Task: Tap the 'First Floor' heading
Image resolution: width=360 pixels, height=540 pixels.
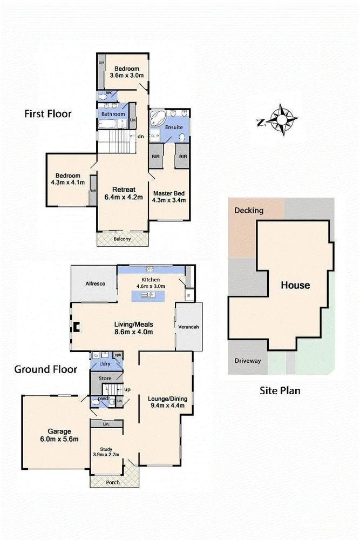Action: [x=48, y=114]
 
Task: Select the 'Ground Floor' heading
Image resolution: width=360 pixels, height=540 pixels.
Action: [x=45, y=369]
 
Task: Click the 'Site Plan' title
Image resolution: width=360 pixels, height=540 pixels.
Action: [x=280, y=390]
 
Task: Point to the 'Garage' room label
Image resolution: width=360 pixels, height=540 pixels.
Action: [x=59, y=431]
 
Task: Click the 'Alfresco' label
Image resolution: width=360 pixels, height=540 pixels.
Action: [x=95, y=283]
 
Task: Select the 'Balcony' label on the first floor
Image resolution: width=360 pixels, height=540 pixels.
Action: [x=122, y=239]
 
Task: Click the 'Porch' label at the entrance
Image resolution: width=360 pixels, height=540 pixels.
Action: [x=113, y=482]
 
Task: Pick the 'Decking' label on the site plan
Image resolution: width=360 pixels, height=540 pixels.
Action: [x=249, y=210]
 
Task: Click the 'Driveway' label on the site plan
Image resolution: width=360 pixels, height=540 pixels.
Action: [x=248, y=361]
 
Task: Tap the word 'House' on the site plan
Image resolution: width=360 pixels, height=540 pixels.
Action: [x=295, y=285]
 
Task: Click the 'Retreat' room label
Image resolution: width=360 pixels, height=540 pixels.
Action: [x=123, y=189]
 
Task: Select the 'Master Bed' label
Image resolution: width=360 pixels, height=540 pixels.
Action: [x=169, y=193]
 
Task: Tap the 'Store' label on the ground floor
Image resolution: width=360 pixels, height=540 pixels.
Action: [x=105, y=379]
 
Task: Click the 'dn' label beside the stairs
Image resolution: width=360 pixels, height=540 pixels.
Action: [x=140, y=137]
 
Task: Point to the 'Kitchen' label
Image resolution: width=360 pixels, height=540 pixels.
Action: [x=151, y=279]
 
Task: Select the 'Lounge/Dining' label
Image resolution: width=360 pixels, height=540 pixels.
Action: [x=166, y=399]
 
